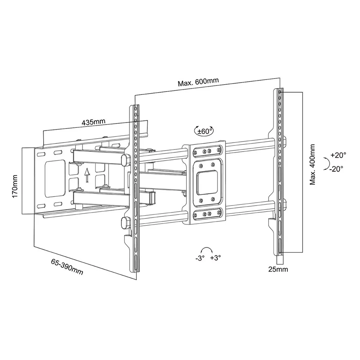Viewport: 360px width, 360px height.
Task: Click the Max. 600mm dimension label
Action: tap(198, 82)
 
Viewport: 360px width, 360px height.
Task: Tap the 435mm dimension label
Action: tap(94, 122)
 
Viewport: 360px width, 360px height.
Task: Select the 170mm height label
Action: tap(15, 186)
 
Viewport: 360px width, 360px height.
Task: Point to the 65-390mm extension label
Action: tap(67, 267)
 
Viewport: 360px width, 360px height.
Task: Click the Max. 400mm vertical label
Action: tap(312, 165)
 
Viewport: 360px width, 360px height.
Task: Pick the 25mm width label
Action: tap(278, 269)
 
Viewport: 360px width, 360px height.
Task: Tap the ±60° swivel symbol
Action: tap(204, 131)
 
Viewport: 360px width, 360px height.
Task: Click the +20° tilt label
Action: tap(338, 155)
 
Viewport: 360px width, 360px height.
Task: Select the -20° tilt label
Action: tap(336, 169)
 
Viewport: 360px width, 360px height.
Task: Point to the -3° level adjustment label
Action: tap(200, 258)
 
